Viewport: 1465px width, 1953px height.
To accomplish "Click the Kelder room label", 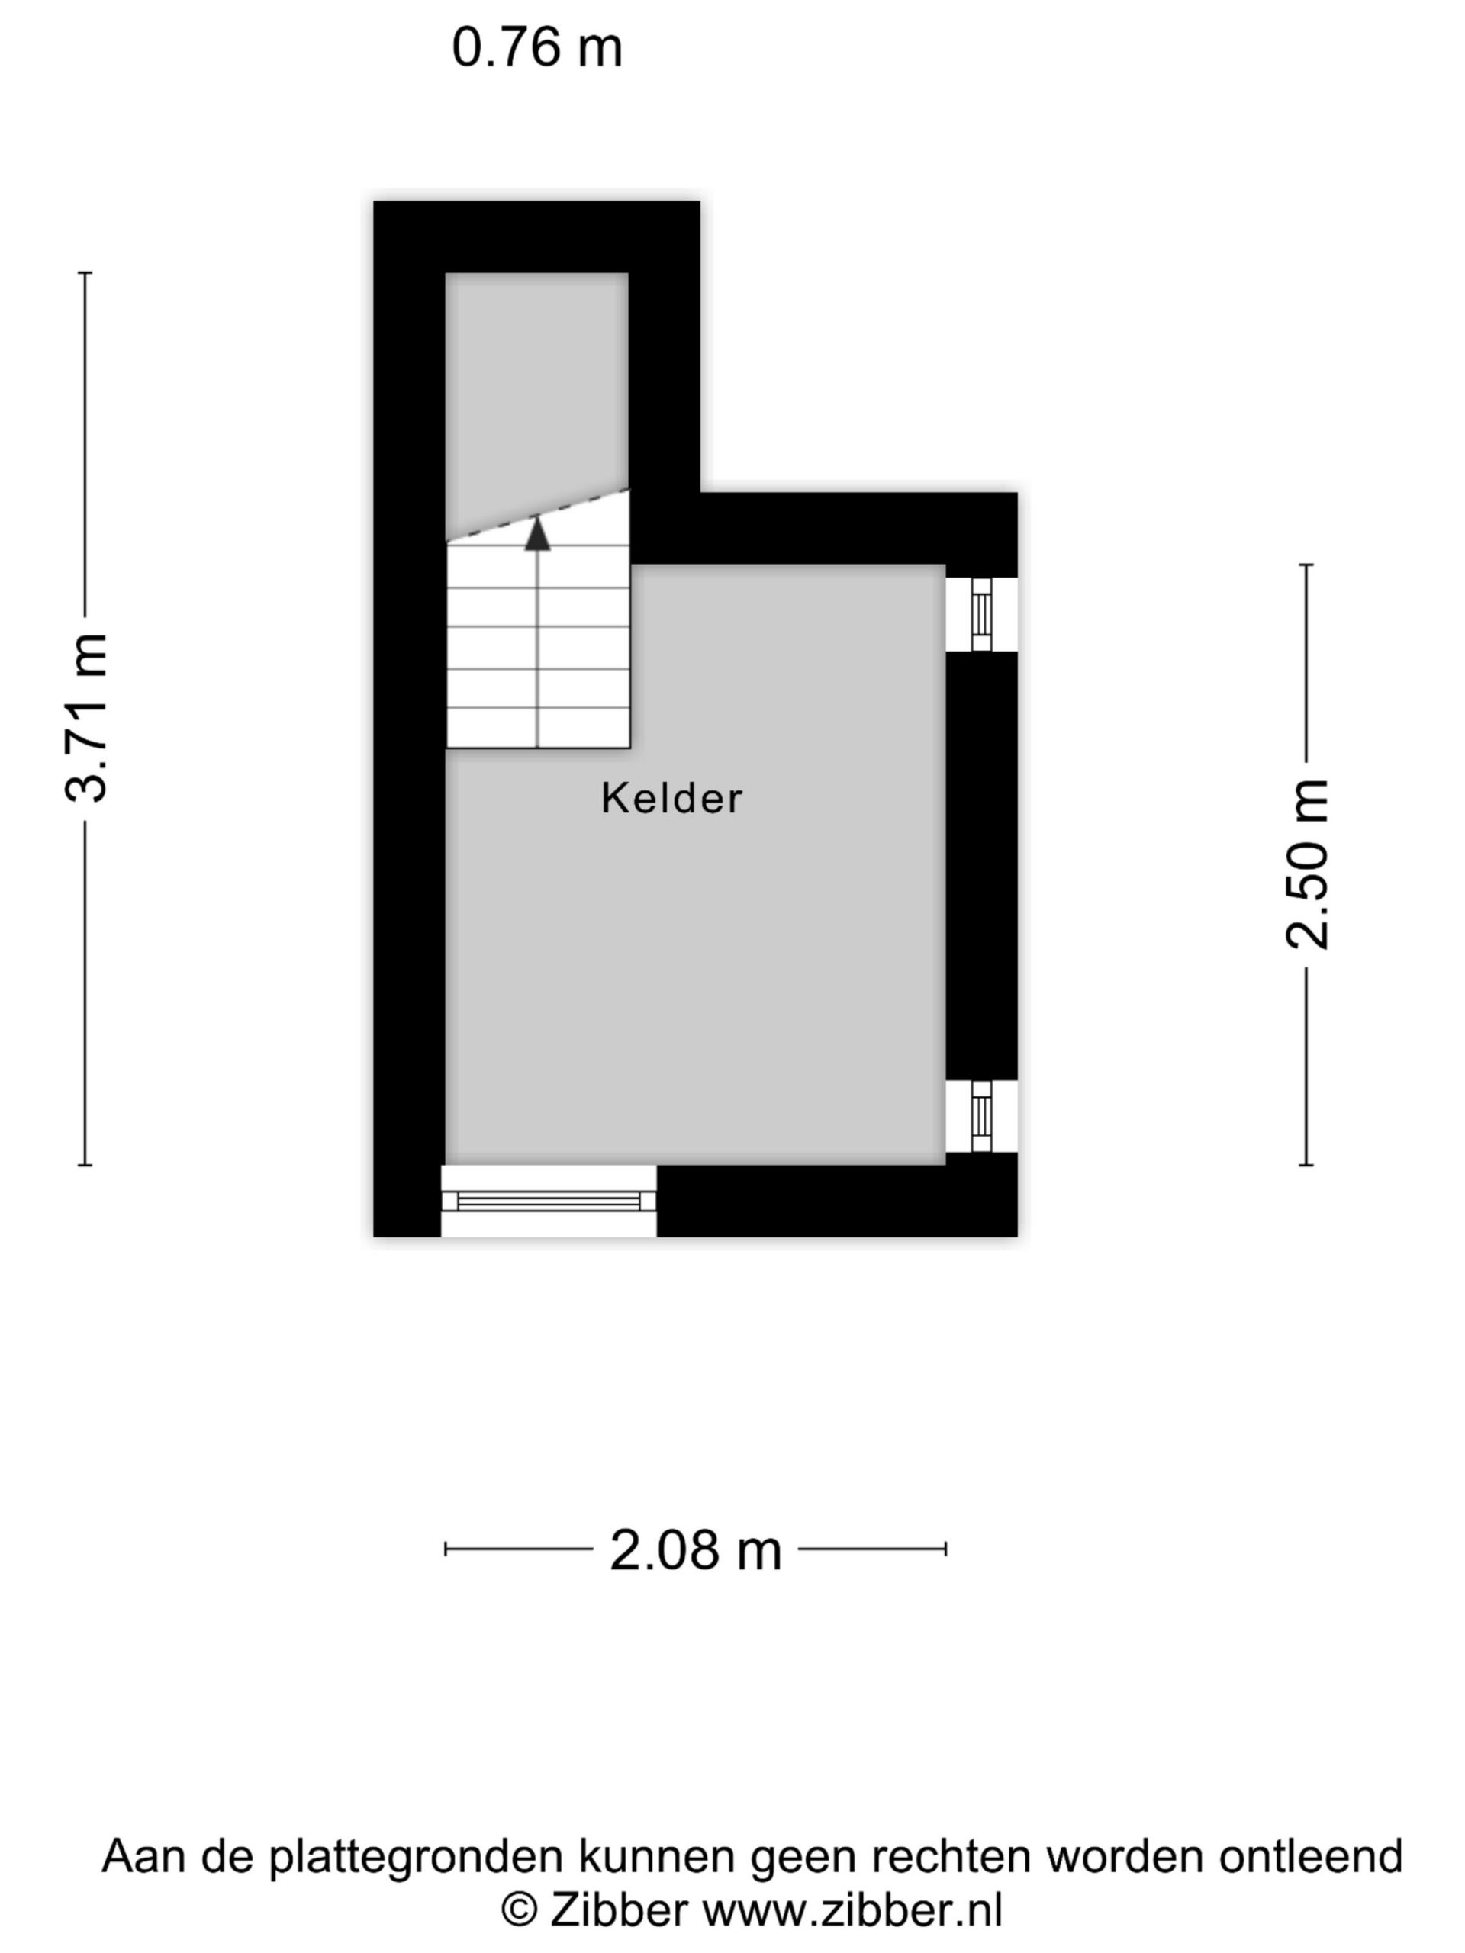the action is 671,798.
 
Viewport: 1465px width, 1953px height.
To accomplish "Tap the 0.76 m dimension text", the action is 537,47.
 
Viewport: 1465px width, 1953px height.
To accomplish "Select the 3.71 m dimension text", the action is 86,718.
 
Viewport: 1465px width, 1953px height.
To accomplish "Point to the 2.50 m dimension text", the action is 1307,864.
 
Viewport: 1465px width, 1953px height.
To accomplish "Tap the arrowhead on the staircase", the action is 538,535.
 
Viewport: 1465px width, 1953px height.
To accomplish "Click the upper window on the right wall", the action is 981,614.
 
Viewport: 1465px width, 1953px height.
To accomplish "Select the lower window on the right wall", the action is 981,1117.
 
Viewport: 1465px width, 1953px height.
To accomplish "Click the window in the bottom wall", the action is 549,1201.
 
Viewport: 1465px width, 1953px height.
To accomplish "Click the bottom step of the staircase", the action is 538,728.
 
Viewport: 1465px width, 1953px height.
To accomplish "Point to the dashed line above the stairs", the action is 538,514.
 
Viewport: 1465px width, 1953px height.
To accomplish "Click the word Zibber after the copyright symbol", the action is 619,1912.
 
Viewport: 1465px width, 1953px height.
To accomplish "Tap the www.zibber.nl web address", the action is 852,1913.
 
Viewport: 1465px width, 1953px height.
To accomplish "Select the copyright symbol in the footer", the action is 520,1913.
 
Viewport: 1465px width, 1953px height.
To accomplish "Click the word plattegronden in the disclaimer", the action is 416,1858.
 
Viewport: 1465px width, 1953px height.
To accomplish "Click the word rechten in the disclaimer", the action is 952,1856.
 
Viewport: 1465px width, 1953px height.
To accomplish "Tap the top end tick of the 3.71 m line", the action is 85,273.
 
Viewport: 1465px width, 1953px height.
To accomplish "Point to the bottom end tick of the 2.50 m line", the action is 1307,1166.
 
